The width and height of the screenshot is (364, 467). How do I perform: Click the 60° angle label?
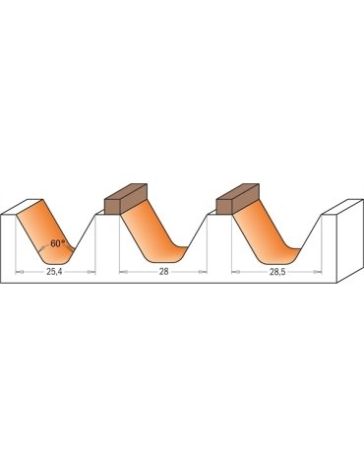(x=58, y=243)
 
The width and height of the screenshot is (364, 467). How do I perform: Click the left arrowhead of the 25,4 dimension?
(x=21, y=268)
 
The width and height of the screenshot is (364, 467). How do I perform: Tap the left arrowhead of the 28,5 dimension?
(x=232, y=268)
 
